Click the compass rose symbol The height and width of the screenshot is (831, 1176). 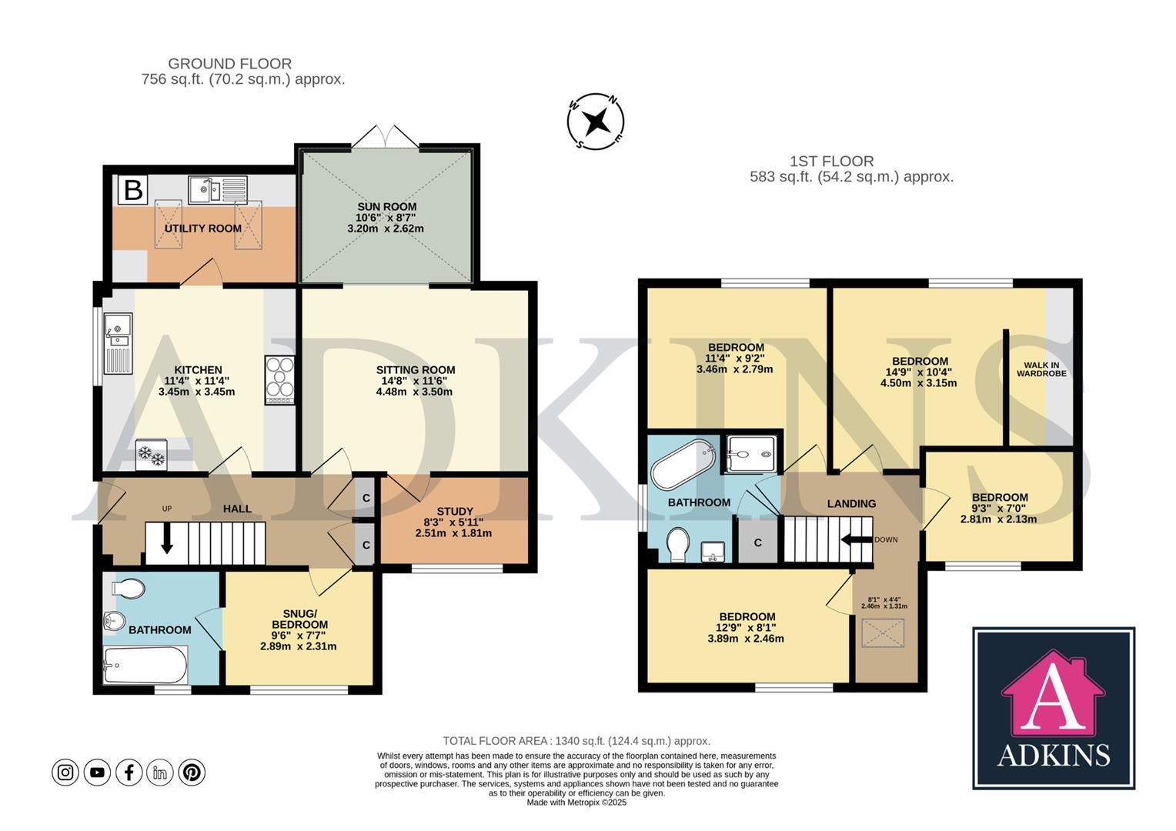click(x=596, y=122)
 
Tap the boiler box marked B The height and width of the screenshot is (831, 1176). click(x=133, y=189)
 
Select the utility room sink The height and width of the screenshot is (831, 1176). click(x=217, y=189)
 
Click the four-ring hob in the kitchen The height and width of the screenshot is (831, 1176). click(x=280, y=380)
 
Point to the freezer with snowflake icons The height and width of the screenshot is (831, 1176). click(x=151, y=456)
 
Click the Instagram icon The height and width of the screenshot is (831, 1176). click(x=65, y=773)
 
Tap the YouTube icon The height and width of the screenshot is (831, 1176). click(x=97, y=773)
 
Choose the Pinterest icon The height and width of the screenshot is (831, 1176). click(x=192, y=773)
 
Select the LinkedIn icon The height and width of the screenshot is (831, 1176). click(x=160, y=773)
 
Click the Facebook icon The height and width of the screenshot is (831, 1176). click(x=129, y=773)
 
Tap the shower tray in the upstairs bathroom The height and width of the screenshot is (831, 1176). click(x=750, y=453)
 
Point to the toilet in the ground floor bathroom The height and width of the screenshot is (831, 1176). click(x=128, y=589)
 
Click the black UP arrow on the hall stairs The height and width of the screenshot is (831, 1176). click(x=166, y=538)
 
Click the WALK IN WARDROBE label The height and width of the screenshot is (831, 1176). click(x=1041, y=369)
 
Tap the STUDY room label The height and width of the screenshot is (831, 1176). click(x=455, y=511)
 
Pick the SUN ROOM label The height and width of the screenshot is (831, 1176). click(x=387, y=207)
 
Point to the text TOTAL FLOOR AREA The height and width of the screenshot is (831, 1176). click(x=496, y=741)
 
